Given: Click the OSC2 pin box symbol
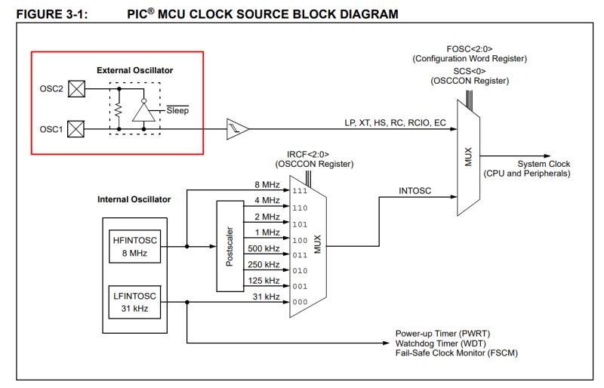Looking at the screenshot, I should (x=76, y=88).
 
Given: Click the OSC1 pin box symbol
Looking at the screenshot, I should (x=76, y=129).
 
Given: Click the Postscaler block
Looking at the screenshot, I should (x=230, y=245).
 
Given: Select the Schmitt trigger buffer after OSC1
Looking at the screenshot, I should (x=237, y=129).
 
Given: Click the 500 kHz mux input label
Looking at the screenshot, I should (x=263, y=248).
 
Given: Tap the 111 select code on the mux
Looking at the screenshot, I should (x=300, y=192).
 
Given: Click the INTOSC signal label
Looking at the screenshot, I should (x=414, y=191).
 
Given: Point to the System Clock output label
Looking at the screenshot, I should (x=543, y=164).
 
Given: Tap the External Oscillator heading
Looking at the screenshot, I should (x=134, y=70).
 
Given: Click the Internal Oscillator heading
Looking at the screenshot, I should (x=134, y=199).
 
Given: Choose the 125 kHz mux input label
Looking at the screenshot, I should (x=263, y=281).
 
